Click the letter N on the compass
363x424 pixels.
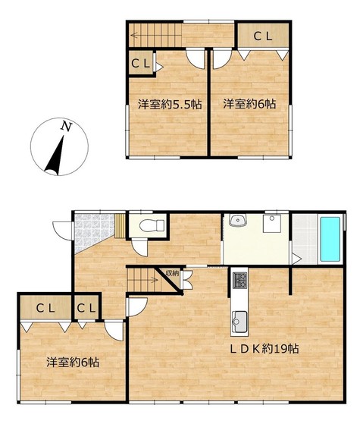tap(67, 127)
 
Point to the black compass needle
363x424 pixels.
tap(56, 157)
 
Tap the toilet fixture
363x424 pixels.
tap(152, 225)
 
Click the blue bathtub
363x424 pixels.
tap(330, 239)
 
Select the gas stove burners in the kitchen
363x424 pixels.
tap(239, 280)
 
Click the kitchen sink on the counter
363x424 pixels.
tap(239, 322)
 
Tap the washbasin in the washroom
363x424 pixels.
tap(238, 221)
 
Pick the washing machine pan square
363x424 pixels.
tap(272, 223)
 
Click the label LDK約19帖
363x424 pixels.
tap(264, 349)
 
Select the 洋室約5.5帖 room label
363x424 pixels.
tap(170, 104)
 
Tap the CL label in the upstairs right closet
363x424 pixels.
tap(262, 36)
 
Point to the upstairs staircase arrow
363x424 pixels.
tap(157, 35)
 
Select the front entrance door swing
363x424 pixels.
tap(64, 231)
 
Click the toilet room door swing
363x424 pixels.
tap(139, 247)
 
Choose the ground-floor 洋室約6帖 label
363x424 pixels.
tap(73, 363)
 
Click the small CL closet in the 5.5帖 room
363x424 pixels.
tap(141, 64)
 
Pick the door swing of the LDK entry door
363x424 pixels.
tap(137, 307)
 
